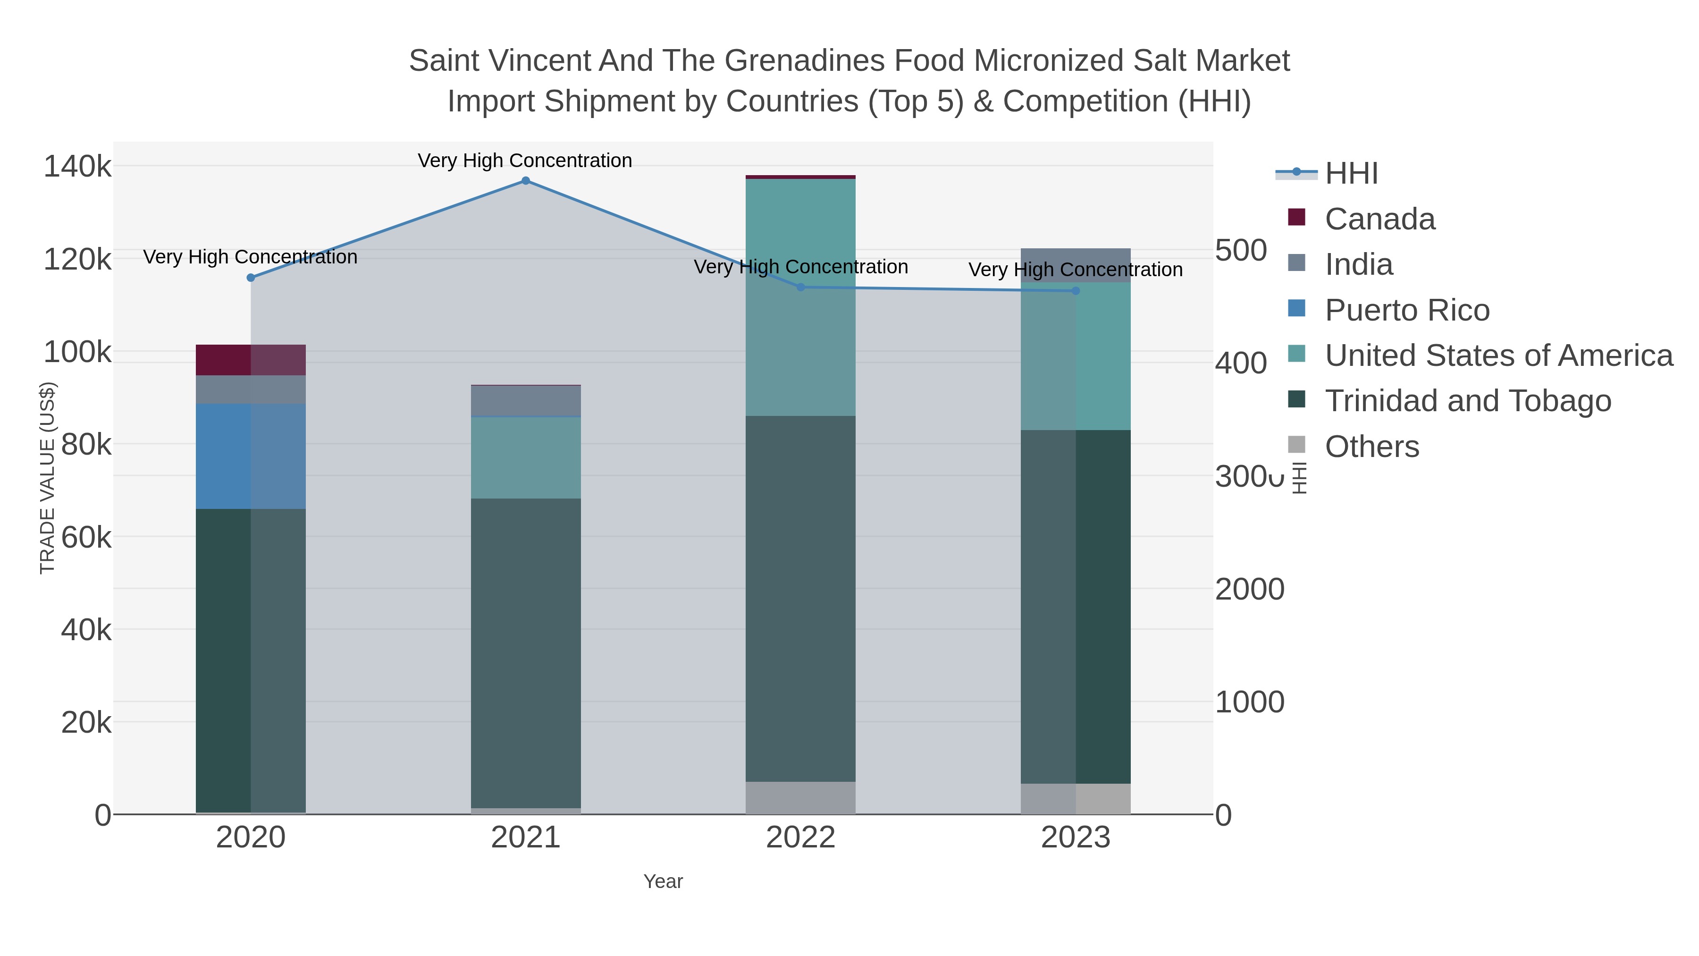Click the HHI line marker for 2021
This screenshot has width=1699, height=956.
[526, 181]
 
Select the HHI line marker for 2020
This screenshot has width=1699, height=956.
[251, 278]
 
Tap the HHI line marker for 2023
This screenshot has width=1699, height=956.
[1076, 291]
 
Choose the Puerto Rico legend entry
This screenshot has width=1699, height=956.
[1407, 310]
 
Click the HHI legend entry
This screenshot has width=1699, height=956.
[1351, 174]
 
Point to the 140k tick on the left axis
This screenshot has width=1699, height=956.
[77, 166]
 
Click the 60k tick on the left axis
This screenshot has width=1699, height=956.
[86, 538]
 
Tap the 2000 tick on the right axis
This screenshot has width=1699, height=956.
[1249, 589]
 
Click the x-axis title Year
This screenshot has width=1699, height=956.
[663, 881]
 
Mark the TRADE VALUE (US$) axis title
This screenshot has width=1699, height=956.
[48, 478]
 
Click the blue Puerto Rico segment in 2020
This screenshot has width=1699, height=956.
[251, 456]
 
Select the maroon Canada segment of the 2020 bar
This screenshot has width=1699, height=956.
[251, 360]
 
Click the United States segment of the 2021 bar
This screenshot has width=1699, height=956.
[526, 458]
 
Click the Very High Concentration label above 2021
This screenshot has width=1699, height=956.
[525, 161]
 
